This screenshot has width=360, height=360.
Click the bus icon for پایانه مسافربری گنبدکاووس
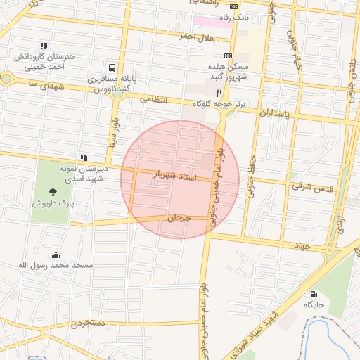(112, 68)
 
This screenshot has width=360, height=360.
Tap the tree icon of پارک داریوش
(53, 191)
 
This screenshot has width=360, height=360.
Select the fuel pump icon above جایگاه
(313, 294)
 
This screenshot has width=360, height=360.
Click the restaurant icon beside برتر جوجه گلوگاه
(219, 92)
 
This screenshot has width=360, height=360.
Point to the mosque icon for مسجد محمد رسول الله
(56, 254)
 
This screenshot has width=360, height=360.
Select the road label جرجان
(179, 219)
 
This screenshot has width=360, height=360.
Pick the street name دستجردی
(87, 324)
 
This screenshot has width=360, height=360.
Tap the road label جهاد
(302, 245)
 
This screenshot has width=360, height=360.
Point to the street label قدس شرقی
(312, 186)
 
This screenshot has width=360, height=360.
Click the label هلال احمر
(195, 35)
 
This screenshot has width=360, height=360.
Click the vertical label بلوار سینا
(112, 131)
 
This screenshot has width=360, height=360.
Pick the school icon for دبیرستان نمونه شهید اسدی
(84, 157)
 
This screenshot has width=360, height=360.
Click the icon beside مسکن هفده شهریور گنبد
(228, 55)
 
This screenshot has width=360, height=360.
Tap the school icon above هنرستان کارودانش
(44, 45)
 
